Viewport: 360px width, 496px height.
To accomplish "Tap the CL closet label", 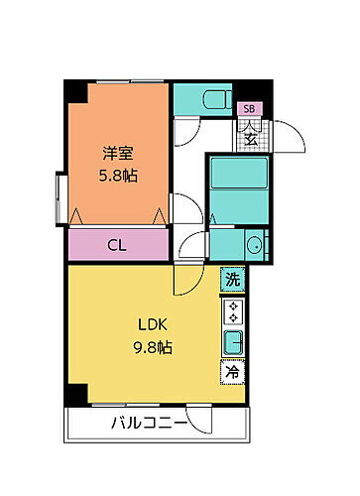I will tap(116, 244).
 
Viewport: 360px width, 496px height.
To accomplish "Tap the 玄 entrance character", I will tap(251, 136).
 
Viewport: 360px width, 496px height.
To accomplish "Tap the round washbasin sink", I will tap(253, 245).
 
